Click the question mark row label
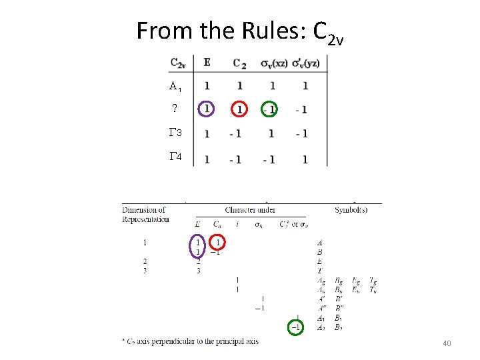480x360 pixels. pyautogui.click(x=175, y=109)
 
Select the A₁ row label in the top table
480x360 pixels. pyautogui.click(x=175, y=86)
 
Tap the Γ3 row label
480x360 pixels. pyautogui.click(x=176, y=133)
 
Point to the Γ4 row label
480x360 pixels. pyautogui.click(x=176, y=157)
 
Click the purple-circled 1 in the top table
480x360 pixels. pyautogui.click(x=207, y=109)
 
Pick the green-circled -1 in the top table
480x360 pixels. pyautogui.click(x=269, y=109)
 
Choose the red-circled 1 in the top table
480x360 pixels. pyautogui.click(x=239, y=109)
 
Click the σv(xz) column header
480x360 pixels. pyautogui.click(x=273, y=63)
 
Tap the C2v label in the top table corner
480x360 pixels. pyautogui.click(x=179, y=63)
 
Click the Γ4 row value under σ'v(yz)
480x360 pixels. pyautogui.click(x=305, y=159)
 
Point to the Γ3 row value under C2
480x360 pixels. pyautogui.click(x=235, y=134)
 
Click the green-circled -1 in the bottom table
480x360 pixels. pyautogui.click(x=296, y=327)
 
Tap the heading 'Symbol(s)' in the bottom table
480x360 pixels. pyautogui.click(x=351, y=210)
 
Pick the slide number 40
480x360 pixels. pyautogui.click(x=447, y=343)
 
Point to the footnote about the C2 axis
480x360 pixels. pyautogui.click(x=190, y=341)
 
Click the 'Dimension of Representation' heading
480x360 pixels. pyautogui.click(x=145, y=215)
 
